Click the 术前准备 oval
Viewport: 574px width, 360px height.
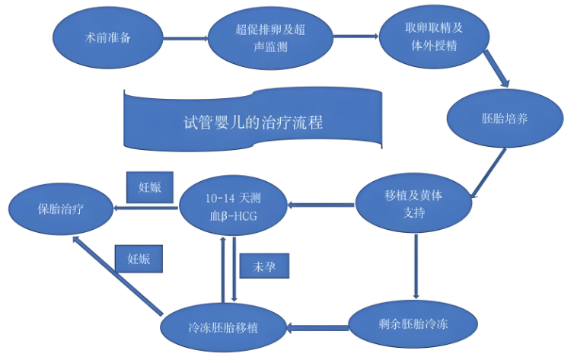coord(108,38)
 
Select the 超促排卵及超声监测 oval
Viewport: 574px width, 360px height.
coord(270,38)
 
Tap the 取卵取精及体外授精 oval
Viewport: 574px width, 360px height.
coord(434,37)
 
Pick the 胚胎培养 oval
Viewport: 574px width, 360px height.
coord(505,119)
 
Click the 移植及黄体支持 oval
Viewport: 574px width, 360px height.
coord(413,203)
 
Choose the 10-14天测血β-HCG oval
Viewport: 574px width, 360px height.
coord(233,207)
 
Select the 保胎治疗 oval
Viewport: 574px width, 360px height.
coord(61,209)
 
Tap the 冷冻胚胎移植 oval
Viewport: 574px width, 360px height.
coord(223,327)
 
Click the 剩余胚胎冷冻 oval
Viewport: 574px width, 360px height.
coord(413,324)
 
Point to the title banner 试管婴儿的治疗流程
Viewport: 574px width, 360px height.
coord(253,120)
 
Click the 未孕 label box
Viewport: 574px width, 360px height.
coord(264,266)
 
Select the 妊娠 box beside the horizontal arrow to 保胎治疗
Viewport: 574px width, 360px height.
coord(150,187)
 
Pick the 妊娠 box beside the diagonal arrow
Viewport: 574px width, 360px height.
coord(139,259)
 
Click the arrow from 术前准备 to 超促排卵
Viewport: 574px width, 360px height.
coord(186,38)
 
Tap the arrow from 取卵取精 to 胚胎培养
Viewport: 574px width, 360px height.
coord(496,68)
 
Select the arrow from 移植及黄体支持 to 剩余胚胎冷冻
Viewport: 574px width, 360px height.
coord(416,266)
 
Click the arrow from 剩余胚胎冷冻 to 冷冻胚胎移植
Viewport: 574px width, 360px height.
coord(317,328)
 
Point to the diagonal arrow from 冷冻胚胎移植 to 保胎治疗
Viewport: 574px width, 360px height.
coord(117,276)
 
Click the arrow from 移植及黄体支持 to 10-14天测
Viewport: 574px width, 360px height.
coord(321,205)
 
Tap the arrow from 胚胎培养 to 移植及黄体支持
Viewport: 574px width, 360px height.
coord(489,173)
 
